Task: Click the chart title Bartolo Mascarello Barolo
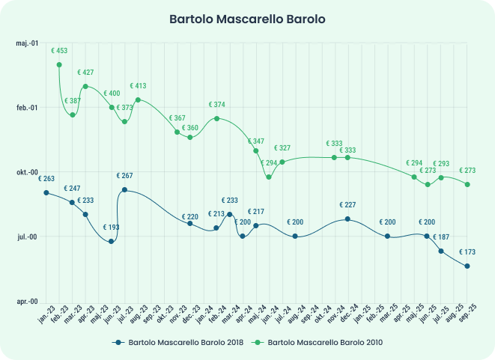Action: pos(247,18)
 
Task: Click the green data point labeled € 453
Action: pos(59,65)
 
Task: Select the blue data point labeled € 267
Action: pos(124,190)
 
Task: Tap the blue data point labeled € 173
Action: pos(467,266)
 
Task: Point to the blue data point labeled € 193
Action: pos(112,241)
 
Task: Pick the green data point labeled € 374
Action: pos(216,118)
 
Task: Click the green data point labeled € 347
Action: pos(256,150)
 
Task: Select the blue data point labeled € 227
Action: pos(347,219)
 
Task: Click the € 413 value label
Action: pos(138,86)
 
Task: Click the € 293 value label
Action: pos(441,164)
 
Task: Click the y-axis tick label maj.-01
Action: pos(27,43)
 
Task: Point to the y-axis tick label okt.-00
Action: pos(27,172)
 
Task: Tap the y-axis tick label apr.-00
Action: pos(27,301)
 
